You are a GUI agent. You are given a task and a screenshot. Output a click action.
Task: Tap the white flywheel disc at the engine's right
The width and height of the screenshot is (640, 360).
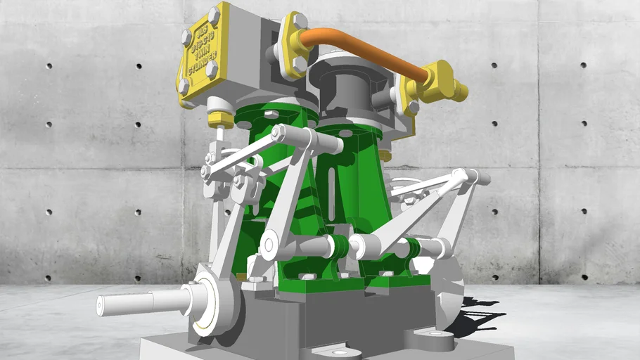tap(450, 288)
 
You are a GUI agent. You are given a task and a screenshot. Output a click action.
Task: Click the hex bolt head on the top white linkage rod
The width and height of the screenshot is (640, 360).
tap(279, 131)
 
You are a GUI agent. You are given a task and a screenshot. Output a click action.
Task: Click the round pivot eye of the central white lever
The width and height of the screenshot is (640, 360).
tap(270, 245)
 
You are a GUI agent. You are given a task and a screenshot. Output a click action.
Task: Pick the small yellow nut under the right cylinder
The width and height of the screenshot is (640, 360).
tap(385, 155)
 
